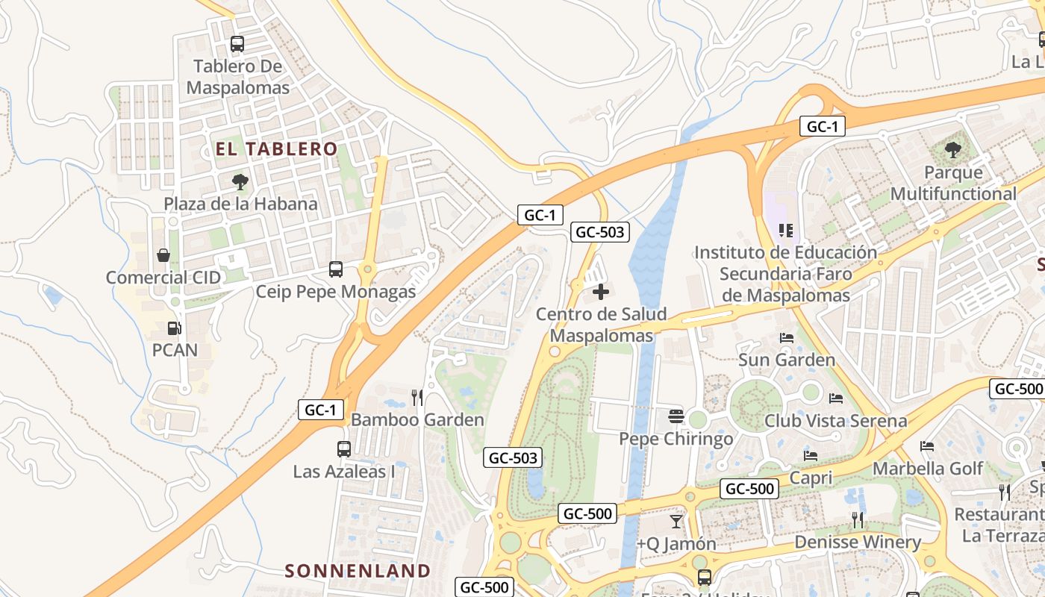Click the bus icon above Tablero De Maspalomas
(x=237, y=44)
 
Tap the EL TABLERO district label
(x=277, y=149)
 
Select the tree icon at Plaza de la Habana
(x=240, y=181)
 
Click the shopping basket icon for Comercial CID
(x=163, y=255)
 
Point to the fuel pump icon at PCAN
(x=174, y=328)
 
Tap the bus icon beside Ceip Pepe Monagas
(x=336, y=269)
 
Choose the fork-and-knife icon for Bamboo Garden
(x=417, y=397)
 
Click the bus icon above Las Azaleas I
(x=343, y=449)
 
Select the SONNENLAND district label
(x=358, y=571)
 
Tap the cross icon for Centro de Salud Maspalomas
(x=601, y=292)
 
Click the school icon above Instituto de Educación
(x=784, y=230)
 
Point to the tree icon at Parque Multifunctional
(x=953, y=151)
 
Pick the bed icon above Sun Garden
(x=786, y=338)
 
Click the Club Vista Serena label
(x=835, y=420)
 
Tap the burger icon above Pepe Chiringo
(x=676, y=416)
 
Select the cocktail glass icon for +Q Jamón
(x=676, y=521)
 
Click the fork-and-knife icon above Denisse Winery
(x=857, y=519)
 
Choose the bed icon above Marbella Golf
(x=927, y=446)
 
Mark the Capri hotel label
(x=811, y=477)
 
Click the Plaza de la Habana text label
(x=240, y=204)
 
